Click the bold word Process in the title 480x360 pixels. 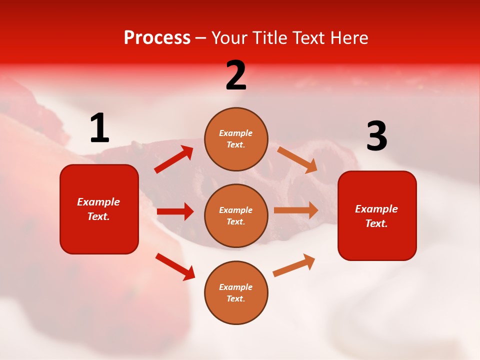pos(157,38)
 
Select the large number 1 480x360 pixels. pos(99,128)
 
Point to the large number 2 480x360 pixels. pos(236,75)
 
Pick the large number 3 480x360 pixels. pos(376,136)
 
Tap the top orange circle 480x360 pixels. pos(236,139)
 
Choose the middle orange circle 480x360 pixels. pos(236,215)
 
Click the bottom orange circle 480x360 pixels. pos(236,292)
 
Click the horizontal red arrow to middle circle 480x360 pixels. pos(175,211)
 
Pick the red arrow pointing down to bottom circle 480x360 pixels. pos(175,266)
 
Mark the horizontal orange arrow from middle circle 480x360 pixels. pos(296,210)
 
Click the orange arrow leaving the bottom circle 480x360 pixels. pos(294,265)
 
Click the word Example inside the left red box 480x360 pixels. pos(98,202)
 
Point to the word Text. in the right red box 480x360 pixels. pos(376,223)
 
